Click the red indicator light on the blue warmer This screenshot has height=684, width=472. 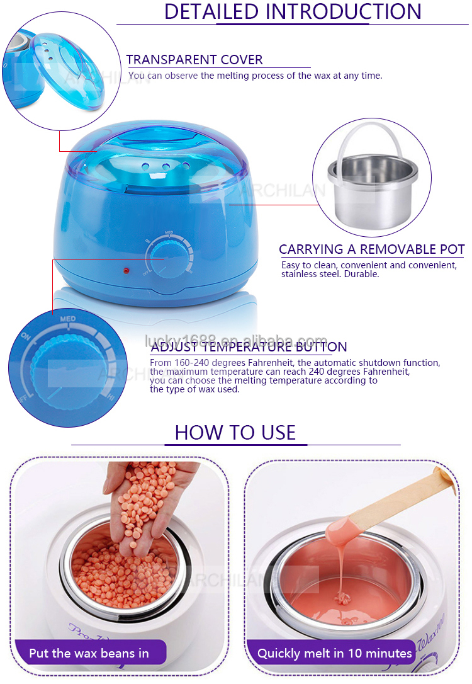click(x=126, y=271)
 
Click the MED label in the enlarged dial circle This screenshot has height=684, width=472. click(x=68, y=319)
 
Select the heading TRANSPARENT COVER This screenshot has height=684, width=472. click(x=194, y=60)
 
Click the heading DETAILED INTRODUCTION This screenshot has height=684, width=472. click(x=293, y=11)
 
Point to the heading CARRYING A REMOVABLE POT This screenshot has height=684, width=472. click(x=372, y=249)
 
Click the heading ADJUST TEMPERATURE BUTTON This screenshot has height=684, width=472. click(x=249, y=347)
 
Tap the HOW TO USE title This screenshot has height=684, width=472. click(x=235, y=432)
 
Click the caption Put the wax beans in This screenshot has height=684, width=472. click(x=89, y=653)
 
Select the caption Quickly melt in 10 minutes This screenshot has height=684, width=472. click(x=335, y=653)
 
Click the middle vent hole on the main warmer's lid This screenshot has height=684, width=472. click(x=166, y=168)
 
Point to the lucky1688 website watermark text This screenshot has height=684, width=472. click(x=236, y=341)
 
